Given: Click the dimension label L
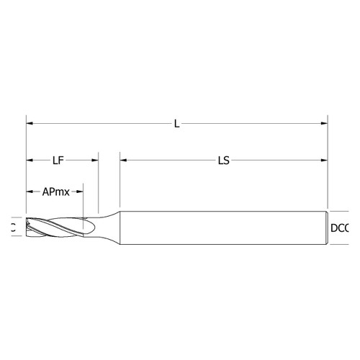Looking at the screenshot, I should (176, 125).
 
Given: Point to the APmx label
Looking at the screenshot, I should (55, 192).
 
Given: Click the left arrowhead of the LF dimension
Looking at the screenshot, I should (30, 161).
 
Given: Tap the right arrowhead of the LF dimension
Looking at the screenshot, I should (95, 161).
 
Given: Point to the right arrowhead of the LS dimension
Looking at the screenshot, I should (324, 161).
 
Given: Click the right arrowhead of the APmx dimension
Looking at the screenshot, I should (80, 192).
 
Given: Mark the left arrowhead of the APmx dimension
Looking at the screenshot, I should (30, 192).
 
